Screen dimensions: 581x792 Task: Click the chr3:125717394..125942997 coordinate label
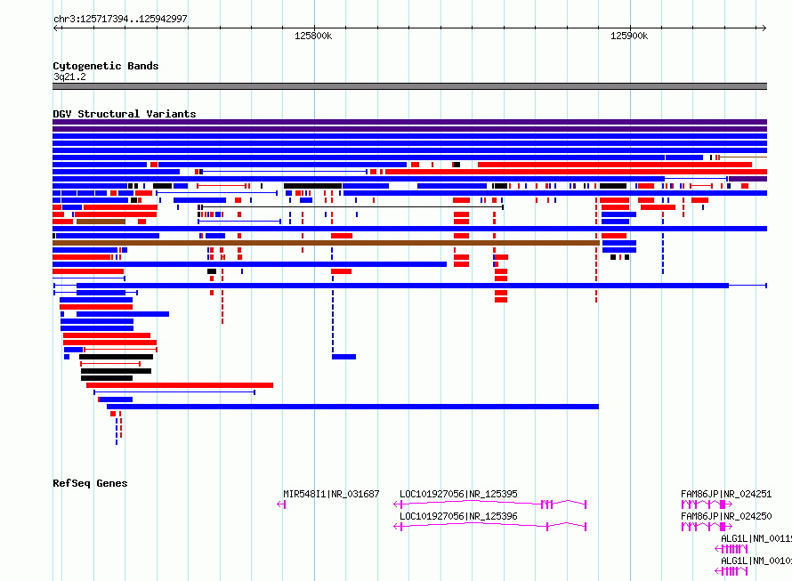[x=120, y=19]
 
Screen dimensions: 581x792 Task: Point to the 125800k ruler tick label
[x=313, y=36]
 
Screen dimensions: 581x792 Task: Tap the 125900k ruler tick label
[x=629, y=36]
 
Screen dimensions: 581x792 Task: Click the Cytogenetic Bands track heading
[x=105, y=66]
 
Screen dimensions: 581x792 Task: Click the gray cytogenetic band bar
[x=409, y=86]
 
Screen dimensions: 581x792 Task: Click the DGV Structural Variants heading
[x=124, y=114]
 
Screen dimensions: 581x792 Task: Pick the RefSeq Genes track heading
[x=90, y=483]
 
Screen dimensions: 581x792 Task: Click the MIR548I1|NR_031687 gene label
[x=331, y=494]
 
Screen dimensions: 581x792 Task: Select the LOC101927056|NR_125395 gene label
[x=458, y=494]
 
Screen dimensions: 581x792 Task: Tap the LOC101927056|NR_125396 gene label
[x=458, y=516]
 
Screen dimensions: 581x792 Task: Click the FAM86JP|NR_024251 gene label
[x=725, y=494]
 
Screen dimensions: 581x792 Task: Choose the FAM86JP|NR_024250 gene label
[x=725, y=516]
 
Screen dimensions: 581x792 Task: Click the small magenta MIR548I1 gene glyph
[x=282, y=504]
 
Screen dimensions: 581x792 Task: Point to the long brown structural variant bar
[x=326, y=243]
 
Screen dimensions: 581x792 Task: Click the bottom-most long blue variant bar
[x=352, y=407]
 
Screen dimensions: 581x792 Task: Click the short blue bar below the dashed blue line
[x=343, y=357]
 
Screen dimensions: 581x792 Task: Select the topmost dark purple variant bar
[x=409, y=122]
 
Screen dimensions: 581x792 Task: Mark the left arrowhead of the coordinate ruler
[x=56, y=28]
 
